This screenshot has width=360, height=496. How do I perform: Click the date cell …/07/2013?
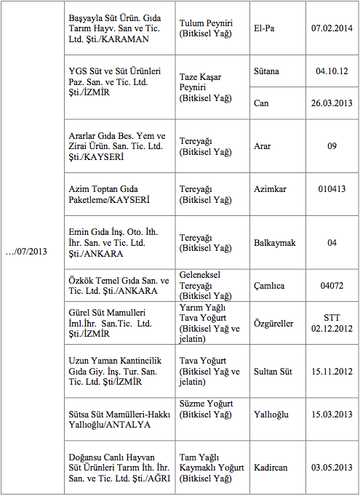28,252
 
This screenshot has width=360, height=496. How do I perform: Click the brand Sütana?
266,71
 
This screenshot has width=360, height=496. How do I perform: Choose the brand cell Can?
261,103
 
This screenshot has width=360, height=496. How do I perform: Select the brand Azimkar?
270,189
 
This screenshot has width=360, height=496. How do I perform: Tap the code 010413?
332,189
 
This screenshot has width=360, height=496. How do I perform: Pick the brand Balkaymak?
275,242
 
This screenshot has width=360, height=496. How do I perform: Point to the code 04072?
332,286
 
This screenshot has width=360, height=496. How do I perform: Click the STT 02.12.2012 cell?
332,323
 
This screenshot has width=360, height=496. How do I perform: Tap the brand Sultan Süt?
273,371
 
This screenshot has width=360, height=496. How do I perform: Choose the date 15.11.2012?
332,371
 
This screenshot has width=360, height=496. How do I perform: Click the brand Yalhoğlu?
271,414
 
